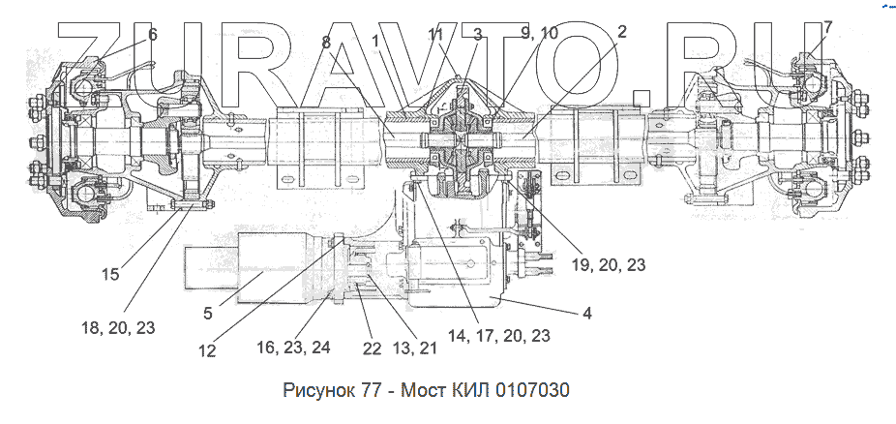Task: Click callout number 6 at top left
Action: tap(152, 35)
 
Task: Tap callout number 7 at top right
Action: tap(827, 27)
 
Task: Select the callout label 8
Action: tap(326, 43)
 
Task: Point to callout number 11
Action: tap(435, 35)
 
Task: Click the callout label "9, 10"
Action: tap(538, 33)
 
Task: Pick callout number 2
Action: tap(622, 31)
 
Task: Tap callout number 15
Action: tap(111, 274)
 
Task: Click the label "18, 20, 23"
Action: tap(118, 328)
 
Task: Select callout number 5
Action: tap(208, 314)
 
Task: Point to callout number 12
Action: tap(207, 350)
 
